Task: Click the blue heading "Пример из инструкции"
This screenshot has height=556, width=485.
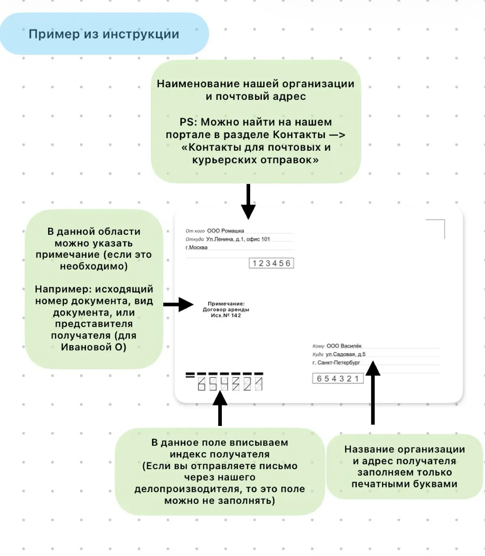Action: coord(104,34)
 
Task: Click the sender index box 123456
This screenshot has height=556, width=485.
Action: coord(272,263)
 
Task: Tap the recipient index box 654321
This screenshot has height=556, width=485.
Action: coord(338,378)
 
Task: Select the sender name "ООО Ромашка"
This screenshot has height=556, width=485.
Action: coord(226,231)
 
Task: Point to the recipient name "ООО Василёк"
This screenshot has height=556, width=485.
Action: coord(344,346)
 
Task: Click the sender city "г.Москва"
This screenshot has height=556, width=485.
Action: coord(196,248)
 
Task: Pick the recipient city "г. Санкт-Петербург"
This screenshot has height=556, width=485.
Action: coord(336,362)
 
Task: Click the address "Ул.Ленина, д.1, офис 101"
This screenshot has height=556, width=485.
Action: coord(238,239)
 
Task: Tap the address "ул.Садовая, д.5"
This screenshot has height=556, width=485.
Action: coord(346,354)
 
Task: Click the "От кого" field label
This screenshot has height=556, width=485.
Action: coord(195,231)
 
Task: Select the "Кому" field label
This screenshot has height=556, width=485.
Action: coord(318,346)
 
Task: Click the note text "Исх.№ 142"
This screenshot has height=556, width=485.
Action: coord(226,316)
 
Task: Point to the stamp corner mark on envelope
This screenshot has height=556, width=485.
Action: coord(445,220)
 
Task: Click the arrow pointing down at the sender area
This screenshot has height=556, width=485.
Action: coord(248,201)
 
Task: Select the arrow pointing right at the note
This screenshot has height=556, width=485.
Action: coord(179,305)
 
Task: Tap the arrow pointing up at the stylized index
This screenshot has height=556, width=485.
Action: coord(220,408)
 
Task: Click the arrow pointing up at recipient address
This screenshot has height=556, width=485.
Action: coord(373,392)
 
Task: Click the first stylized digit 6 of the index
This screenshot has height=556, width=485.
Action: coord(201,384)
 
